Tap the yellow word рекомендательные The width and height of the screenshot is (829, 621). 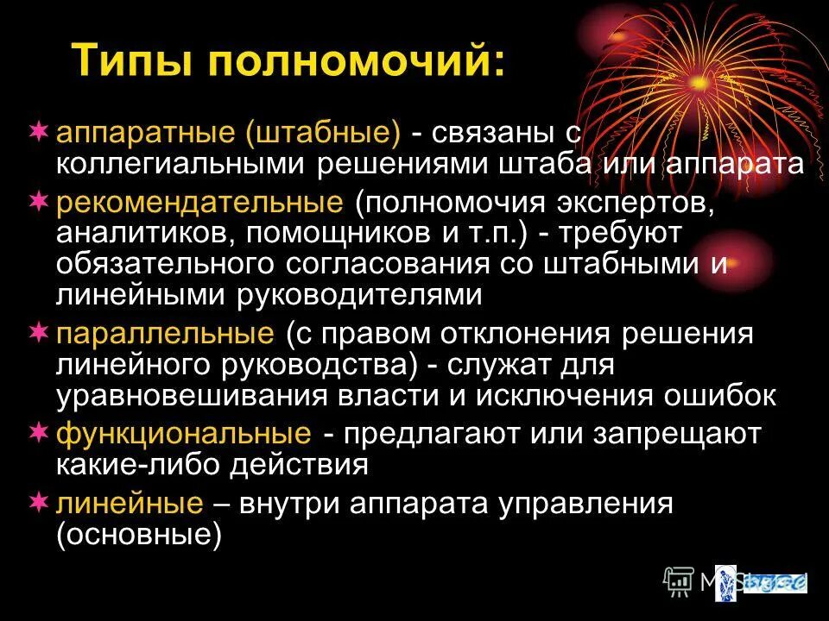point(199,204)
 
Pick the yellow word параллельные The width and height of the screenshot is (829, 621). point(165,334)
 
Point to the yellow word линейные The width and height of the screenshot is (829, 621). point(130,504)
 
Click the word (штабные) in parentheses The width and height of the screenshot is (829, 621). point(324,134)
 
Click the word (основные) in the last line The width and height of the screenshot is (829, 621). point(139,535)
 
